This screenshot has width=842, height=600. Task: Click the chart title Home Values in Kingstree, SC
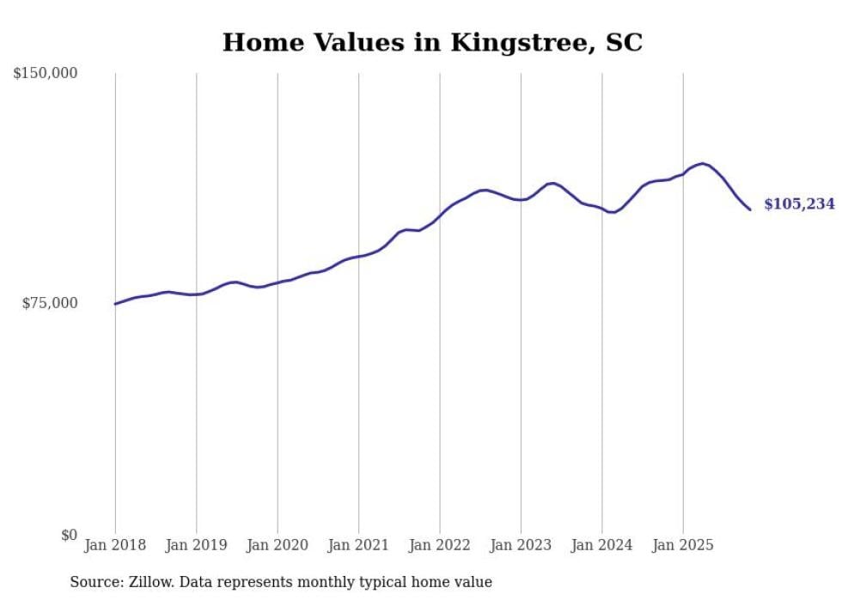[x=432, y=42]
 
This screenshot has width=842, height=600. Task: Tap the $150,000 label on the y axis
[x=46, y=74]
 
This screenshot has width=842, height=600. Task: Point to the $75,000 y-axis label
[x=50, y=303]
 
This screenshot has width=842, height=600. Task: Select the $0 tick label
[x=69, y=535]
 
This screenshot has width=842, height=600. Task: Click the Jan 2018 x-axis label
[x=115, y=545]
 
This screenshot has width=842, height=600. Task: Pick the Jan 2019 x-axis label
[x=196, y=545]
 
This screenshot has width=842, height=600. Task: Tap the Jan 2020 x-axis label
[x=278, y=545]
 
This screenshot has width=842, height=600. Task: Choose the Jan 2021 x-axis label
[x=358, y=545]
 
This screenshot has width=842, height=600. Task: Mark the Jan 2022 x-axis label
[x=440, y=545]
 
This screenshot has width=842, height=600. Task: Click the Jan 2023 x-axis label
[x=521, y=545]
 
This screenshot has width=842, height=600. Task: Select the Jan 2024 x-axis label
[x=602, y=545]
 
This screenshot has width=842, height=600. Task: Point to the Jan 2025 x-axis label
[x=683, y=545]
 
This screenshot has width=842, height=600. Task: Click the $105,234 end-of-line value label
[x=799, y=204]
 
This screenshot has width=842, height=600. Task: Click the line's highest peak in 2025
[x=704, y=163]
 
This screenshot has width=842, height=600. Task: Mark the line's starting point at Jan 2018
[x=115, y=304]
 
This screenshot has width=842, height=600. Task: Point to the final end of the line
[x=750, y=209]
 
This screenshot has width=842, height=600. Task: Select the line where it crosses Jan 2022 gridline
[x=440, y=214]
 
